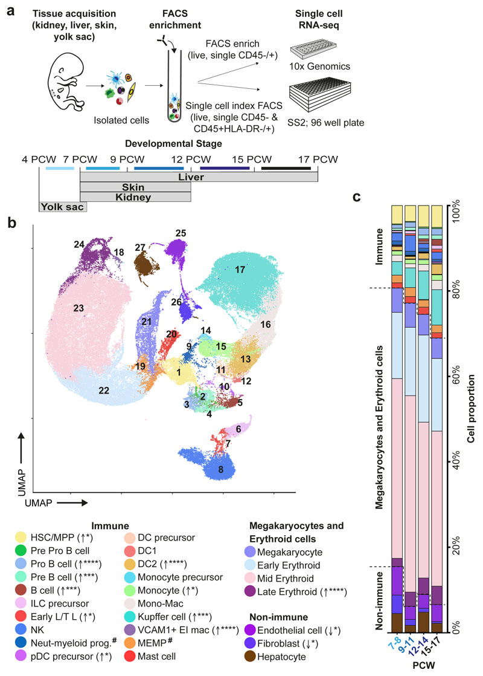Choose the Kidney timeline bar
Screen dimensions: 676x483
click(135, 197)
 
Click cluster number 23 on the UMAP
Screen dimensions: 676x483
click(78, 308)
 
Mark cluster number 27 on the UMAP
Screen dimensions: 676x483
click(140, 247)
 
